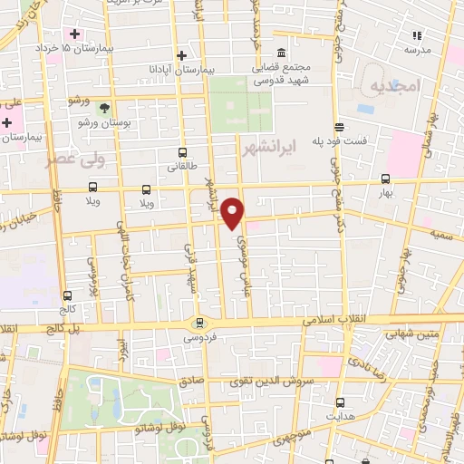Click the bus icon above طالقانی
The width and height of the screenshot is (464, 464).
(183, 152)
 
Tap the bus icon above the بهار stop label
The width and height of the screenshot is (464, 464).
(386, 179)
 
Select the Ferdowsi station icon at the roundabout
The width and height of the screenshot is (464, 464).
(199, 324)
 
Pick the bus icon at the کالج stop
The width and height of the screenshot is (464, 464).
(66, 295)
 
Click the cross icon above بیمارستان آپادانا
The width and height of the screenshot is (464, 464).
(183, 54)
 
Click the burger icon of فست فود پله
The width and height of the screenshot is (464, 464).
(339, 128)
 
